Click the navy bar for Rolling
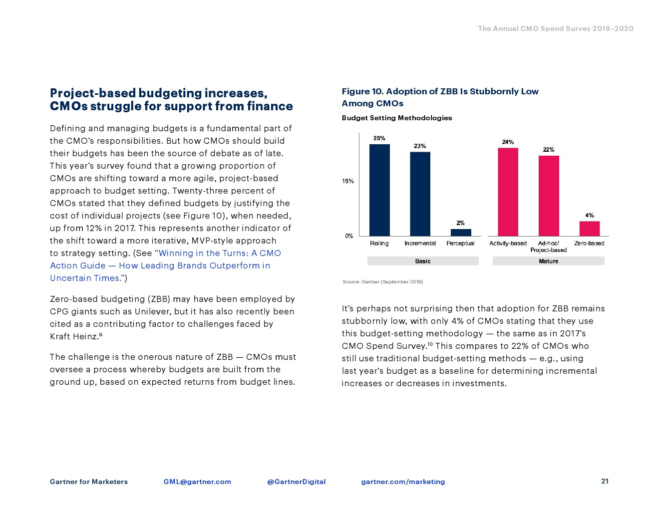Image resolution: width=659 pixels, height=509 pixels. pyautogui.click(x=379, y=190)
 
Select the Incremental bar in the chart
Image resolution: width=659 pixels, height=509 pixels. pyautogui.click(x=420, y=194)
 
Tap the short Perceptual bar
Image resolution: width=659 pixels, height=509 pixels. pyautogui.click(x=460, y=233)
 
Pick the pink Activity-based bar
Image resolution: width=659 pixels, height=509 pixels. pyautogui.click(x=508, y=192)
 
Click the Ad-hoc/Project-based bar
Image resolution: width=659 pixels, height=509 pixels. pyautogui.click(x=548, y=196)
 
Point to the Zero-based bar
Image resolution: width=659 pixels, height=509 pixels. pyautogui.click(x=589, y=229)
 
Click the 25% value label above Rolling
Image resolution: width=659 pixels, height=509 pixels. pyautogui.click(x=379, y=138)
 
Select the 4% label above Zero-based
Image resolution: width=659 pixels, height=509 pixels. pyautogui.click(x=590, y=216)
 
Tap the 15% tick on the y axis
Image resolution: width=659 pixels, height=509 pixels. pyautogui.click(x=348, y=181)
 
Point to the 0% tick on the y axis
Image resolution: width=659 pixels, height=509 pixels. pyautogui.click(x=349, y=236)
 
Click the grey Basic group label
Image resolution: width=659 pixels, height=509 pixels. pyautogui.click(x=423, y=261)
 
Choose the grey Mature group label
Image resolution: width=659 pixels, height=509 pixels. pyautogui.click(x=548, y=261)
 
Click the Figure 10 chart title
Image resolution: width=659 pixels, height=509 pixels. pyautogui.click(x=440, y=97)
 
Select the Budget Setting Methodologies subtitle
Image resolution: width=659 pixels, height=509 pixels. pyautogui.click(x=397, y=118)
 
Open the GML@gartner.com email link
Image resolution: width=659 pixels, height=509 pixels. pyautogui.click(x=197, y=482)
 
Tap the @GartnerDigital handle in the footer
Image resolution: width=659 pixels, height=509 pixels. pyautogui.click(x=296, y=482)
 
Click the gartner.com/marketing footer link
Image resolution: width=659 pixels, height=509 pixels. pyautogui.click(x=403, y=482)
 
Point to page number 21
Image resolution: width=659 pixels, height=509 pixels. pyautogui.click(x=605, y=481)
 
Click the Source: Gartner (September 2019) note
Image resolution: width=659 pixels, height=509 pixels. pyautogui.click(x=382, y=282)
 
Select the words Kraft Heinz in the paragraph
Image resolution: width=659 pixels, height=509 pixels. pyautogui.click(x=73, y=336)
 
